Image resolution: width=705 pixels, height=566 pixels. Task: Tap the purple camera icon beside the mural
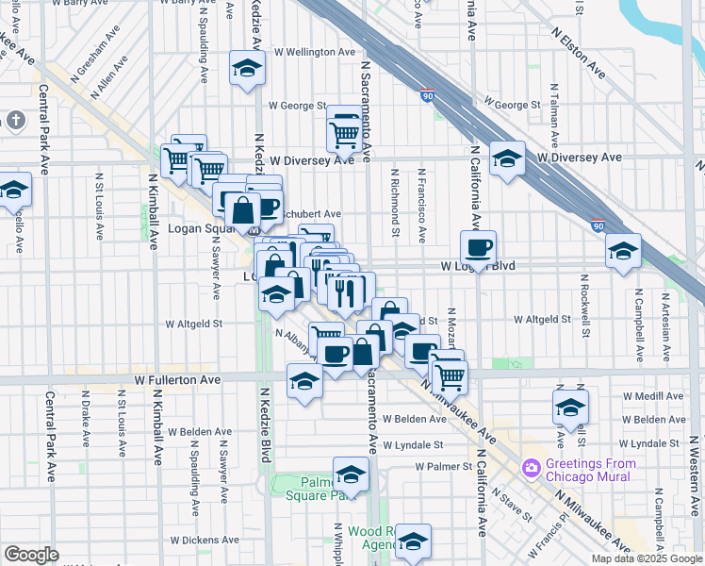click(531, 467)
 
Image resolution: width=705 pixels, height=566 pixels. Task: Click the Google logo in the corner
click(31, 554)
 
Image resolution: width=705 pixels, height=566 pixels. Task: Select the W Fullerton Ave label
click(177, 379)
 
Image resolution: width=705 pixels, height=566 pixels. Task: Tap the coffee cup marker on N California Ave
click(478, 250)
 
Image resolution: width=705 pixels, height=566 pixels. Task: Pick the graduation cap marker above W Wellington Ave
click(247, 69)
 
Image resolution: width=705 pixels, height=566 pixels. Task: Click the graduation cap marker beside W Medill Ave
click(570, 408)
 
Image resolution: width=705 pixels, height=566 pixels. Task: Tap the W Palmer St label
click(442, 466)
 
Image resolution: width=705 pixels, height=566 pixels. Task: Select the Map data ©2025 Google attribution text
click(646, 558)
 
